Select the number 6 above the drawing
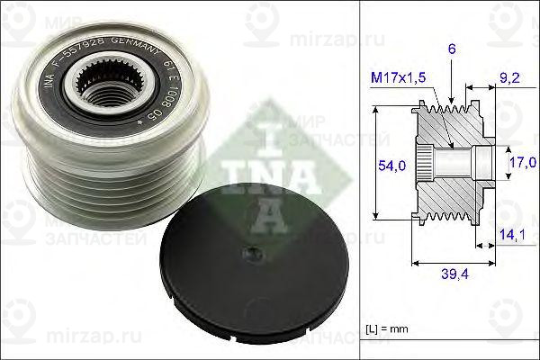click(451, 52)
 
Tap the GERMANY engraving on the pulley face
click(155, 54)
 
